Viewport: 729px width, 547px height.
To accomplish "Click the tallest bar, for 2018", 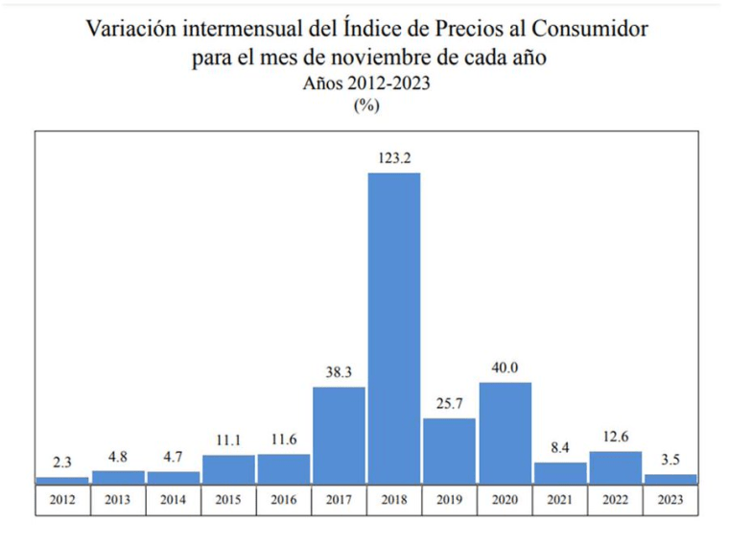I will pos(394,326).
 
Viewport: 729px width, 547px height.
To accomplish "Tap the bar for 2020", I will pos(505,432).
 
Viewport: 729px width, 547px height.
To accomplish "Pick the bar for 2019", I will pos(449,450).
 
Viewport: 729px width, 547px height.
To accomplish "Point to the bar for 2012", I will pos(62,480).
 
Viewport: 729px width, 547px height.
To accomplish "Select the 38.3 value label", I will pos(339,372).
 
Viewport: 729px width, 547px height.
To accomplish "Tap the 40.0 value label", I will pos(505,369).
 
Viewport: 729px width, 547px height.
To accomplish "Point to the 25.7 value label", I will pos(449,404).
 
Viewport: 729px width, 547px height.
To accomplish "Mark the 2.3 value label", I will pos(62,463).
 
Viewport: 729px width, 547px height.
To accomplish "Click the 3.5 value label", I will pos(670,460).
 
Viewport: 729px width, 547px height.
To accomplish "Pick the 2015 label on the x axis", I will pos(228,500).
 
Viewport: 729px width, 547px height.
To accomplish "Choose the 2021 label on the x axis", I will pos(560,500).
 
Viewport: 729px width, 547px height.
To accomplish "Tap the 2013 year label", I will pos(118,500).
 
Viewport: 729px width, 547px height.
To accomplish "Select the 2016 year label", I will pos(284,500).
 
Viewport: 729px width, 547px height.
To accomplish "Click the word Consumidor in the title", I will pos(589,29).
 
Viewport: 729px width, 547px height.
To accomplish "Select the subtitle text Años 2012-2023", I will pos(366,83).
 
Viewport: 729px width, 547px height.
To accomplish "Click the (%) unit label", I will pos(366,106).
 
